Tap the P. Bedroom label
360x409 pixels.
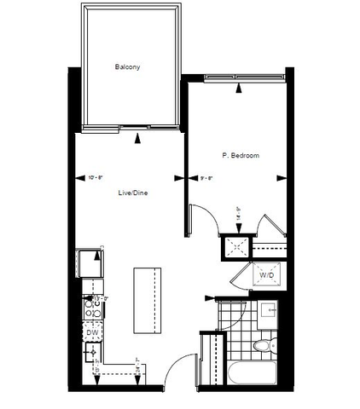tap(241, 156)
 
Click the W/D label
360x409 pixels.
tap(265, 275)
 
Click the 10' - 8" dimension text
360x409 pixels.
tap(96, 177)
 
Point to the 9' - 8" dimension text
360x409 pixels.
tap(206, 178)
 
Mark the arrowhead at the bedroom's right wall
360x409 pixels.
tap(282, 177)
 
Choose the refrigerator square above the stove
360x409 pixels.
tap(88, 263)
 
